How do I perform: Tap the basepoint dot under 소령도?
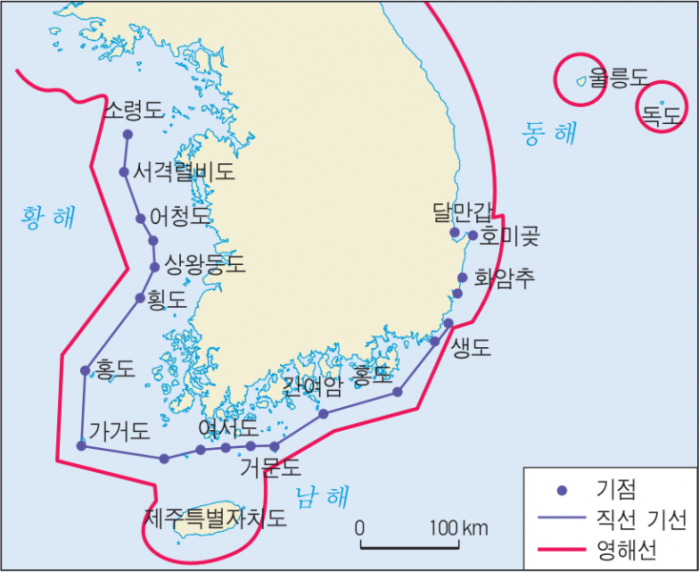[x=128, y=134]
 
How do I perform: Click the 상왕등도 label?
[x=205, y=263]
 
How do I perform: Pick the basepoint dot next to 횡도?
[x=140, y=298]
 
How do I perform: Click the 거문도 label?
[x=270, y=467]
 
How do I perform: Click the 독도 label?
[x=662, y=117]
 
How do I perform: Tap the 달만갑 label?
[x=463, y=212]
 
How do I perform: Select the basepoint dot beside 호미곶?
[x=472, y=235]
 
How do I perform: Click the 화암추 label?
[x=505, y=277]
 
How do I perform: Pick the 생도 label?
[x=471, y=347]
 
